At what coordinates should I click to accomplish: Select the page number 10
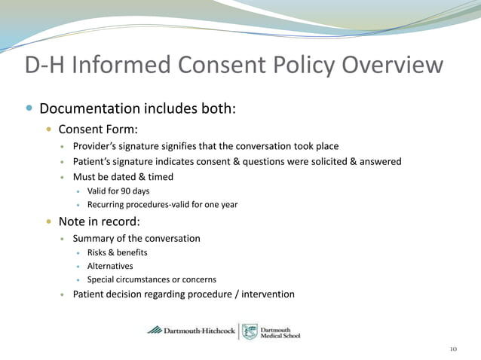point(452,349)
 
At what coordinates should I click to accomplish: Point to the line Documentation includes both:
point(138,108)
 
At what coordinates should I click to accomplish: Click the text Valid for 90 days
point(118,191)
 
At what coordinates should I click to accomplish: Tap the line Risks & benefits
point(117,252)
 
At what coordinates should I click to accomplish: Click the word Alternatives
point(110,266)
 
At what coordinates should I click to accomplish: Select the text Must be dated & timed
point(123,177)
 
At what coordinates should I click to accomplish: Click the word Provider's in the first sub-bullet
point(93,146)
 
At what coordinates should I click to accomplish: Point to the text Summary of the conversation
point(136,238)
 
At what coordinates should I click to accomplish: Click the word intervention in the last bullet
point(268,294)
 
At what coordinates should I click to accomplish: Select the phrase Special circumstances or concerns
point(152,279)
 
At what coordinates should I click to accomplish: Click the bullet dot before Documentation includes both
point(29,108)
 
